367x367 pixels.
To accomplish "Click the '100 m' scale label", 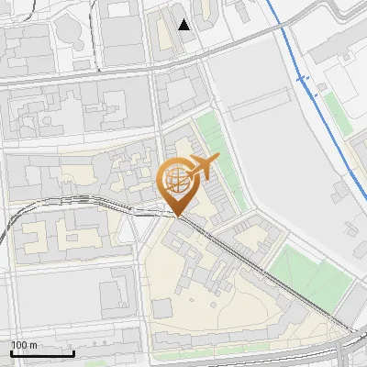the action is [25, 345].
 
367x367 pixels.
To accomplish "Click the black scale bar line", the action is [42, 353].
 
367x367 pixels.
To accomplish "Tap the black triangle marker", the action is [185, 25].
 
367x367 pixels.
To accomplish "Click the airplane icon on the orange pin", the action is [204, 167].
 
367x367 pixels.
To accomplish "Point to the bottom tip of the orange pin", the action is [179, 215].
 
